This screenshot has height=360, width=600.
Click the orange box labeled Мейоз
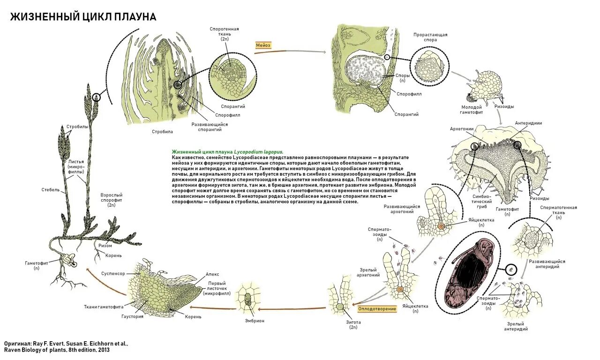(x=263, y=45)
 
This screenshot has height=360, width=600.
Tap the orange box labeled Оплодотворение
(x=377, y=309)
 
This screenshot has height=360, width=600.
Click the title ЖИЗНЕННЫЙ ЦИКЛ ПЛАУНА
(x=83, y=17)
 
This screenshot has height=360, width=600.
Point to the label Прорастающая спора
(x=430, y=37)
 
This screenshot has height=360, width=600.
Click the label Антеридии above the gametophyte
(x=528, y=123)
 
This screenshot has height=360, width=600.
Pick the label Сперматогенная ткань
(x=558, y=212)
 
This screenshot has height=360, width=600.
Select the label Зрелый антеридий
(x=516, y=326)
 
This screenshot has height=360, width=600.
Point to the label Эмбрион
(x=255, y=321)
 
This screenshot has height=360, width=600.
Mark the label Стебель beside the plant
(x=50, y=190)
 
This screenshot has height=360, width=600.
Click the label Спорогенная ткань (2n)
(x=224, y=34)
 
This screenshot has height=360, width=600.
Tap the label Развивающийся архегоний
(x=402, y=209)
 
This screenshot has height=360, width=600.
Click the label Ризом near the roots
(x=105, y=245)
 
